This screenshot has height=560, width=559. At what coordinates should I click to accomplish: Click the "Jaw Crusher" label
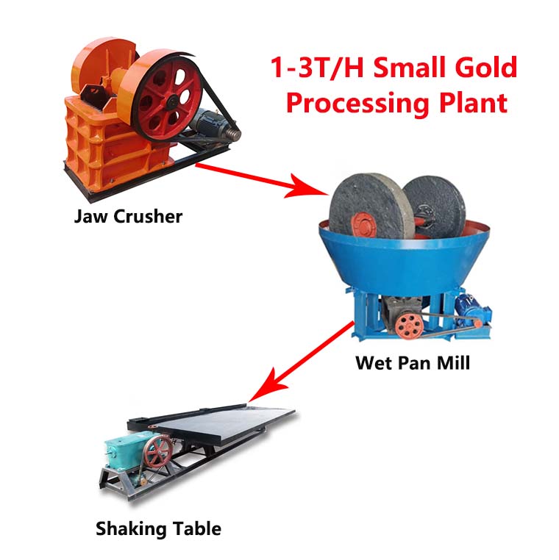click(x=128, y=217)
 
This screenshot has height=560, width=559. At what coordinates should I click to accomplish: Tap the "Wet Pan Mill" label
click(x=413, y=363)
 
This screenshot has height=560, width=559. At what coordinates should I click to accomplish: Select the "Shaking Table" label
click(x=158, y=528)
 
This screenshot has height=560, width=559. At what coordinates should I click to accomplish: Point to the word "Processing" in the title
click(x=357, y=104)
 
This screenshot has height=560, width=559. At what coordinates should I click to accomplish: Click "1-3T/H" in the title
click(x=317, y=67)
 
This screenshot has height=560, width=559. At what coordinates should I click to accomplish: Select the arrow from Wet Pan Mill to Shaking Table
click(x=301, y=362)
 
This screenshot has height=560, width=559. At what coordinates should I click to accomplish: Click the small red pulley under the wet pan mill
click(x=408, y=326)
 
